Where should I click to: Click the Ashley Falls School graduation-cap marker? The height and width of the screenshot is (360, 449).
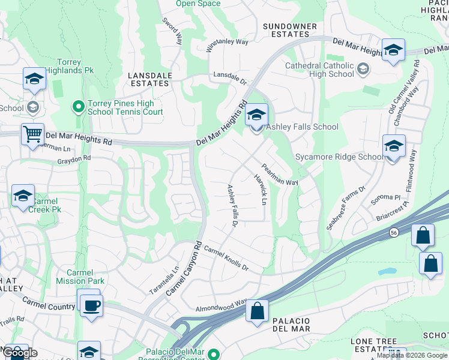tap(256, 114)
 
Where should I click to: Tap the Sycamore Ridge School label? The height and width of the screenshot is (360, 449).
tap(339, 157)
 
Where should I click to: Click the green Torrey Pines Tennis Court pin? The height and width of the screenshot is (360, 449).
tap(78, 107)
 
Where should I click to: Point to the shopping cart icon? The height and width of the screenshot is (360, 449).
tap(32, 134)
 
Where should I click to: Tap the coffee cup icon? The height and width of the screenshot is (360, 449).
tap(91, 305)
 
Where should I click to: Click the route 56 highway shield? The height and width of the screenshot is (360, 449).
tap(394, 232)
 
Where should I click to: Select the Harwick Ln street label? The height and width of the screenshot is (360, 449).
tap(260, 189)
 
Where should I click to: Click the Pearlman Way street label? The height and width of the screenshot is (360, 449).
tap(279, 174)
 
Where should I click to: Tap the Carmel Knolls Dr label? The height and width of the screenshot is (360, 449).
tap(226, 259)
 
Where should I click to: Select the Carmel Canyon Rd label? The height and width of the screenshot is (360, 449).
tap(184, 268)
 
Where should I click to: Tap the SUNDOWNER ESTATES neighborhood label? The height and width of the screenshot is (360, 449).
tap(290, 31)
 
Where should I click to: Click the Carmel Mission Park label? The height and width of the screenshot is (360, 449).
tap(80, 277)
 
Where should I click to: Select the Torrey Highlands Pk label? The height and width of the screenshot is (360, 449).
tap(76, 67)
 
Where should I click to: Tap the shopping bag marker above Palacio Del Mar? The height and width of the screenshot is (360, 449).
tap(257, 311)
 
